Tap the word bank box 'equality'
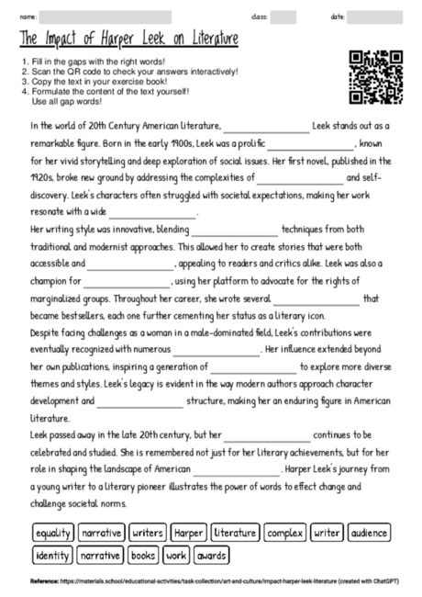point(52,532)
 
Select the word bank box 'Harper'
point(188,532)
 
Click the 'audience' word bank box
point(369,532)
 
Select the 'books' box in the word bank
point(143,556)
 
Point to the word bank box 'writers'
point(147,532)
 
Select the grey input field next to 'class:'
point(283,17)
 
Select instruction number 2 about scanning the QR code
point(128,71)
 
